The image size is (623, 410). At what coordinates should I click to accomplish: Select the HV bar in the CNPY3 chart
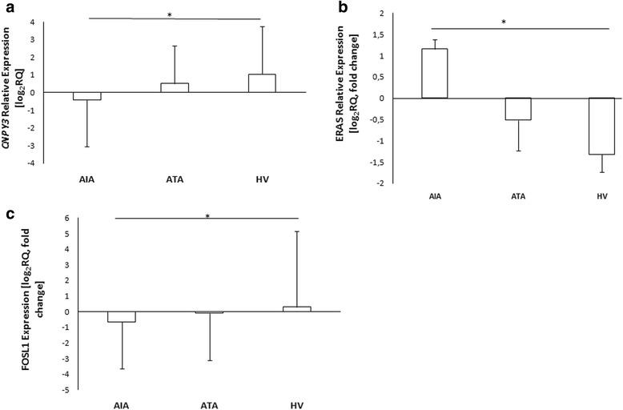click(x=262, y=83)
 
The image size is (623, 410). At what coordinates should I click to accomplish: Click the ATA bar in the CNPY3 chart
click(x=175, y=88)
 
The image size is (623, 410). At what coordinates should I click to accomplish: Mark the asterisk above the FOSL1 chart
click(x=207, y=216)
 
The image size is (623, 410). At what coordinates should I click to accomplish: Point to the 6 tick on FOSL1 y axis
click(x=90, y=219)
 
